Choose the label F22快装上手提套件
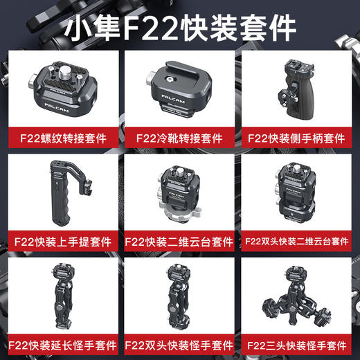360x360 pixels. [63, 243]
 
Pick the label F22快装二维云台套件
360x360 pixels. [179, 243]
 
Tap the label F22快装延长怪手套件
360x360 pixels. [63, 343]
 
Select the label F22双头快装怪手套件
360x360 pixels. [179, 343]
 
